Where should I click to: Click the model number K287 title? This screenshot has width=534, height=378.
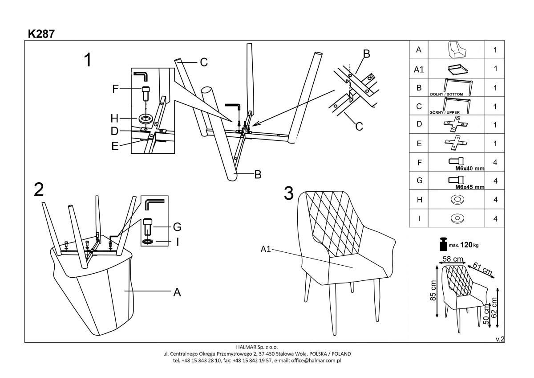[41, 34]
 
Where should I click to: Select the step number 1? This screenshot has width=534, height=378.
[88, 60]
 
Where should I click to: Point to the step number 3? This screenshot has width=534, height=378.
[289, 193]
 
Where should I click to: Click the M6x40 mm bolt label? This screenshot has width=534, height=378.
[469, 169]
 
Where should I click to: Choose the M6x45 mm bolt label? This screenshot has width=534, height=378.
[469, 187]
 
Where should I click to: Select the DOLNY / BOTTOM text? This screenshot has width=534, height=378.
[447, 94]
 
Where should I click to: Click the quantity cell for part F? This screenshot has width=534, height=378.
[495, 163]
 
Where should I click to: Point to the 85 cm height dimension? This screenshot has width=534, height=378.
[433, 291]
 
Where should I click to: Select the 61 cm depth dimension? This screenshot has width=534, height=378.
[482, 269]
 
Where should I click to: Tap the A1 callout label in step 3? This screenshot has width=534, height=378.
[266, 250]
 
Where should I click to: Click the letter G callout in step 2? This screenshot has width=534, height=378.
[177, 227]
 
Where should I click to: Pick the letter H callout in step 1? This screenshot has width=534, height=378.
[115, 119]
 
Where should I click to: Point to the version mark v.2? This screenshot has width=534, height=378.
[500, 339]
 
